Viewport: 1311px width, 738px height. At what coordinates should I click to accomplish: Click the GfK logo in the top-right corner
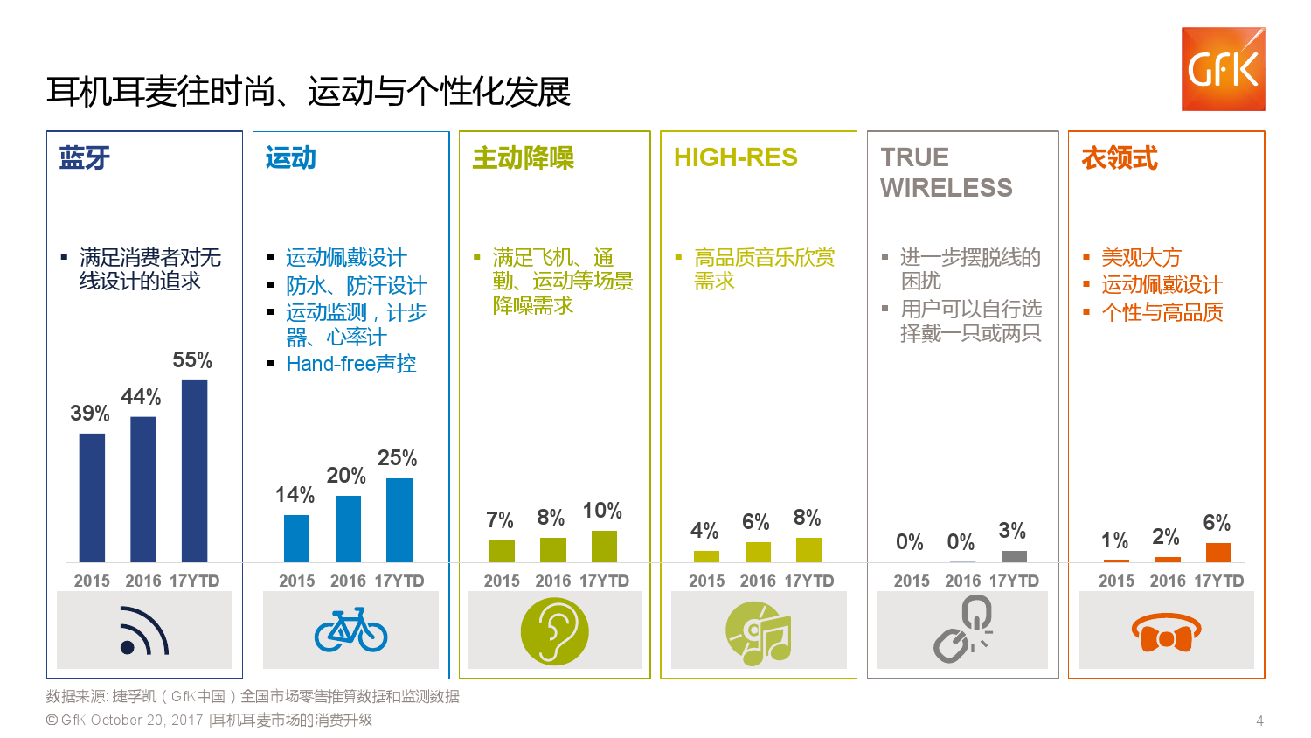pyautogui.click(x=1223, y=69)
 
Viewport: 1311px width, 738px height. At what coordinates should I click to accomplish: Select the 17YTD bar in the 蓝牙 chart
pyautogui.click(x=194, y=470)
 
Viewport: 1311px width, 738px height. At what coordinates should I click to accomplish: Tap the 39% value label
pyautogui.click(x=90, y=414)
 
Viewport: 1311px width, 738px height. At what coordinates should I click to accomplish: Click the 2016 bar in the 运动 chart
pyautogui.click(x=348, y=528)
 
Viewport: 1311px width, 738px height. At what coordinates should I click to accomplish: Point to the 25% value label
pyautogui.click(x=397, y=458)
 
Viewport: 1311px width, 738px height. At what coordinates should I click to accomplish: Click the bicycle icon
pyautogui.click(x=350, y=630)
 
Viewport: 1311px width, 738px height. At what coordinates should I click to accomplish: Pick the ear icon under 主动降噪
pyautogui.click(x=554, y=630)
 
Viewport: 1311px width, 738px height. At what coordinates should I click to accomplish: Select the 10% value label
pyautogui.click(x=602, y=511)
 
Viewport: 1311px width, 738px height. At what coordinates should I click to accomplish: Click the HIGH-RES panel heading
pyautogui.click(x=735, y=157)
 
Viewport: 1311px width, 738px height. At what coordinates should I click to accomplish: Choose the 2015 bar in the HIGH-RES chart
pyautogui.click(x=706, y=556)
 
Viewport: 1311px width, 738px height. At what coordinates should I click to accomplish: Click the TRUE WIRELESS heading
pyautogui.click(x=946, y=172)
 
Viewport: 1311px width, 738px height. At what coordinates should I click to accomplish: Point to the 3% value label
pyautogui.click(x=1012, y=531)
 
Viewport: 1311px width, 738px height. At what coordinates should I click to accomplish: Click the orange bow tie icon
pyautogui.click(x=1166, y=633)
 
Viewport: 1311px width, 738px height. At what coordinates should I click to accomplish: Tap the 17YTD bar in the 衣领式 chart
pyautogui.click(x=1218, y=552)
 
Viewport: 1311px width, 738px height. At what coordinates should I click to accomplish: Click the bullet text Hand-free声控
pyautogui.click(x=351, y=364)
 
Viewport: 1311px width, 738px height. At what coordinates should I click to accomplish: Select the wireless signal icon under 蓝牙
pyautogui.click(x=144, y=631)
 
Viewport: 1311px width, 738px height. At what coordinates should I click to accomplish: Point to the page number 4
pyautogui.click(x=1259, y=721)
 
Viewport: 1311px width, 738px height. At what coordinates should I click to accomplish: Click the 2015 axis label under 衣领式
pyautogui.click(x=1116, y=581)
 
